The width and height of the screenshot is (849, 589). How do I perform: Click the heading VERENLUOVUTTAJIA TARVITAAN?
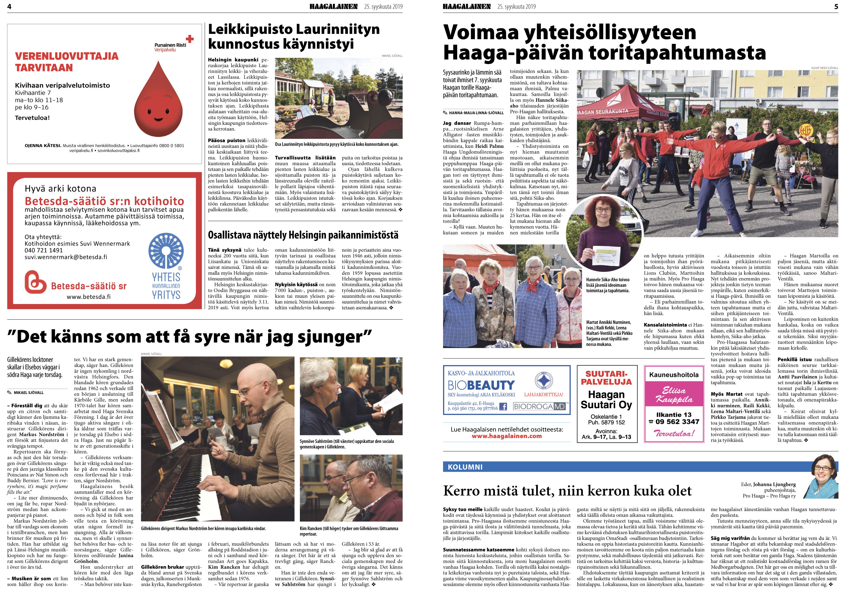(67, 62)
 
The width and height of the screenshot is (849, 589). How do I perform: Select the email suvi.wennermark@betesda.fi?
(66, 257)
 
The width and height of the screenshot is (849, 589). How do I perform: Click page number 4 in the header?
(9, 6)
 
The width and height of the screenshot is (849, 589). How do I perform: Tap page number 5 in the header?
(836, 6)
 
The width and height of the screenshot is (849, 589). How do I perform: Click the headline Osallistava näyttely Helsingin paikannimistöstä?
(303, 235)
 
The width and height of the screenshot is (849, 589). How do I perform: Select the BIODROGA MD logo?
(539, 407)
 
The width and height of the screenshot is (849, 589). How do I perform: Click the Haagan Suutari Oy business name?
(606, 400)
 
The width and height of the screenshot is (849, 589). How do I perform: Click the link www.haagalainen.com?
(506, 436)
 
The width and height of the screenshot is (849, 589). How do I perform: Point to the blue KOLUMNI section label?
(465, 467)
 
